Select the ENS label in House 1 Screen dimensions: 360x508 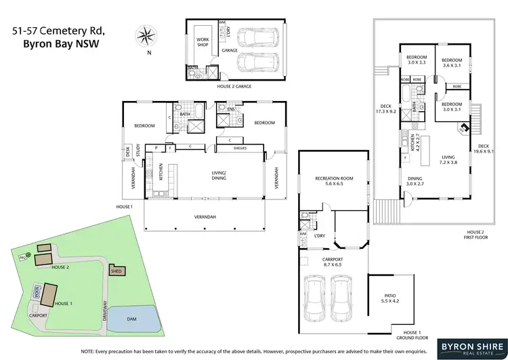coord(231,110)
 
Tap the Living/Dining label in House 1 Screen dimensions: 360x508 coord(217,175)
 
